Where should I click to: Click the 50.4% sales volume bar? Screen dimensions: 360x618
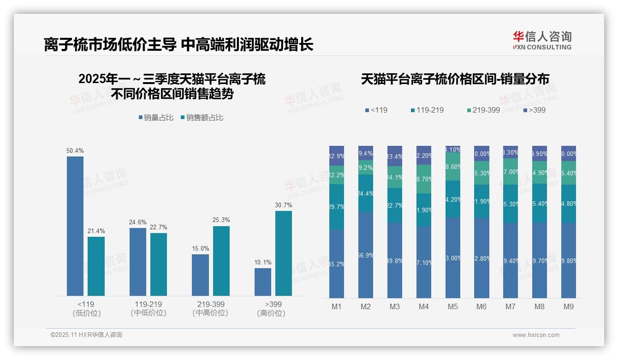(x=75, y=226)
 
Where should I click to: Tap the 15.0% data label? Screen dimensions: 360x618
(x=200, y=248)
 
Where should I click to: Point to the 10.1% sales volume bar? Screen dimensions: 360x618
(x=263, y=282)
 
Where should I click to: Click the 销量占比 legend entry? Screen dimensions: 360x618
(x=156, y=118)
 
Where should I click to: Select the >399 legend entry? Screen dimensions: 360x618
(x=535, y=110)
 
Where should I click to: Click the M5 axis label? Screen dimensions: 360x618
(x=453, y=307)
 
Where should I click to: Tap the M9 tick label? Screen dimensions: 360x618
(x=569, y=307)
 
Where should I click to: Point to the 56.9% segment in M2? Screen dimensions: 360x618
(x=366, y=255)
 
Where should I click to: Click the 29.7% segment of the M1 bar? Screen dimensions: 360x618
(x=337, y=207)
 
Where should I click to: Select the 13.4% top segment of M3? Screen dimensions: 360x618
(x=395, y=156)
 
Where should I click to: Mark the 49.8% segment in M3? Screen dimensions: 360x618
(x=395, y=260)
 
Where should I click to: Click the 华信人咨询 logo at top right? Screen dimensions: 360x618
(x=542, y=40)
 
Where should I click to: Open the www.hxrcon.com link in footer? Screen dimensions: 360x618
(x=536, y=335)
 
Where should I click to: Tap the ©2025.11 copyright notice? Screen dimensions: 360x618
(x=86, y=335)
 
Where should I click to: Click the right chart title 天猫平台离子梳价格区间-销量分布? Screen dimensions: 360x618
(x=455, y=79)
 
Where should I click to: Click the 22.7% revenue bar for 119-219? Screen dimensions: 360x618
(x=159, y=264)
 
